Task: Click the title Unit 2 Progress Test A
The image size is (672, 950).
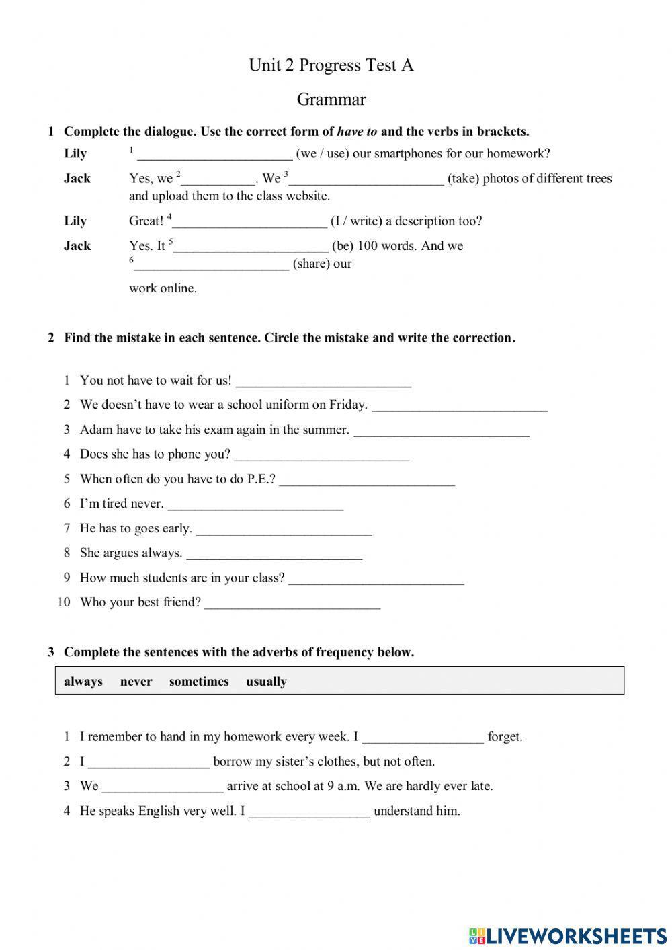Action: point(331,65)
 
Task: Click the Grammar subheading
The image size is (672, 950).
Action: point(331,100)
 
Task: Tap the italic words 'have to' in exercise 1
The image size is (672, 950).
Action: point(357,132)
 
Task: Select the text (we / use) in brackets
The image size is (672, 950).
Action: point(322,153)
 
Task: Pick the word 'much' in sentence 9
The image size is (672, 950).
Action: point(125,578)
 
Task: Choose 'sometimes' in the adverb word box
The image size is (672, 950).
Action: point(199,682)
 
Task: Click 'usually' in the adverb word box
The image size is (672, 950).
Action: point(266,682)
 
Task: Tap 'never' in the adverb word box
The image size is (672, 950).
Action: point(136,682)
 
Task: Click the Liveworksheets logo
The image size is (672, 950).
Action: point(567,935)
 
